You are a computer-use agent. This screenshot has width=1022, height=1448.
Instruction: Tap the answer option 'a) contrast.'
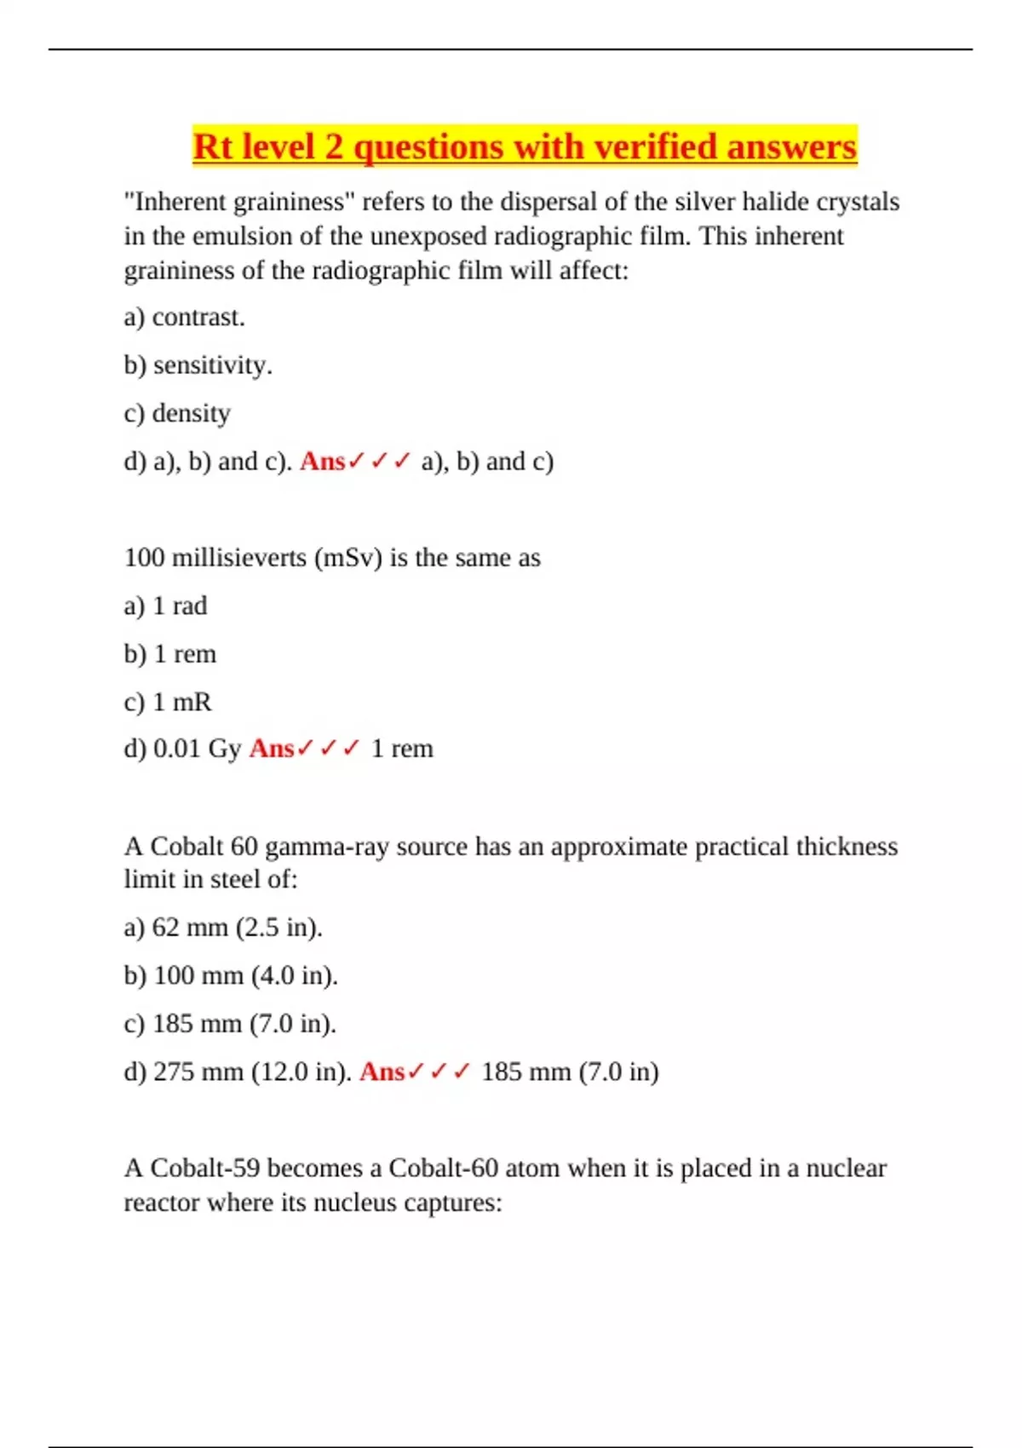184,317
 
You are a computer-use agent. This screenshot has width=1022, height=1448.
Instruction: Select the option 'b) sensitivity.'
198,365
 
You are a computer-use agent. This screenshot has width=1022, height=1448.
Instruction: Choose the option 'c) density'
177,413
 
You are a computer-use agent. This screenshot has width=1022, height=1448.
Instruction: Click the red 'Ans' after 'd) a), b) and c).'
322,461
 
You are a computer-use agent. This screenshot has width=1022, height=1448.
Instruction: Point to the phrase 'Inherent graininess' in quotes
240,202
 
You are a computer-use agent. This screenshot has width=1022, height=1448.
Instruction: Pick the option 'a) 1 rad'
165,606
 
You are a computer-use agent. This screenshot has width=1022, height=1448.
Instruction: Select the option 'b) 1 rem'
170,654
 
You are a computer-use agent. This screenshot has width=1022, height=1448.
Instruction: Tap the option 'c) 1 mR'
168,702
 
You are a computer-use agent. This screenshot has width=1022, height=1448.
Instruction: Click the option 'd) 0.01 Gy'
182,749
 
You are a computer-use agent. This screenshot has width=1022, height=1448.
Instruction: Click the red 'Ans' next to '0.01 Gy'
271,749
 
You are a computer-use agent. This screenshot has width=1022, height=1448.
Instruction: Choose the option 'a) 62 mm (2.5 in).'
223,927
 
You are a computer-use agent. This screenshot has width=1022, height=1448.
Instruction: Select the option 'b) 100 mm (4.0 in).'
231,975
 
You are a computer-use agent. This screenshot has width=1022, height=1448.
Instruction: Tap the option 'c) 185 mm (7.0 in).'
230,1023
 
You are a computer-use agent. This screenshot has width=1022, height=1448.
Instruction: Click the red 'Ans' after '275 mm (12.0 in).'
382,1072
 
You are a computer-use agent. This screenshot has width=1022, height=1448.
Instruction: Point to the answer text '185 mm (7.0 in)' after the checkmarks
570,1072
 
